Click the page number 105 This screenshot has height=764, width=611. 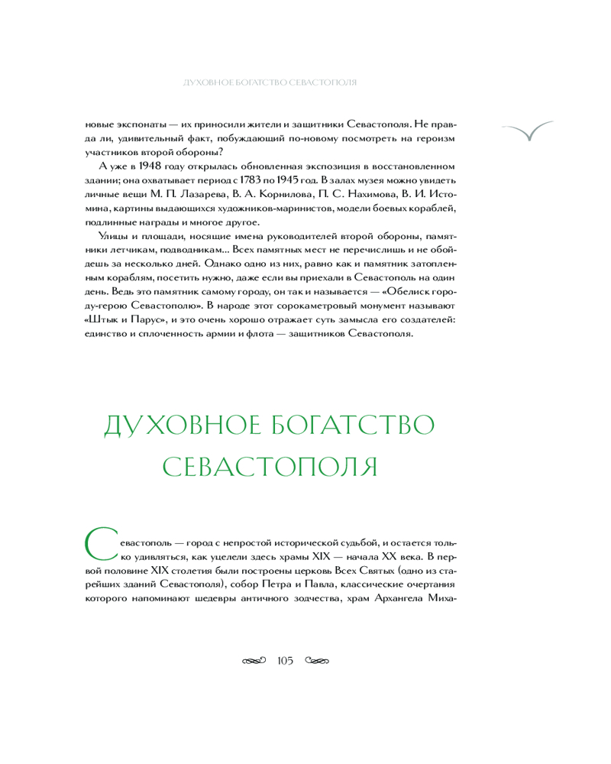[286, 659]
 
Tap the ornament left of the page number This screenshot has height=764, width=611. [254, 659]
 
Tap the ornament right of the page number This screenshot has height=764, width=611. [318, 659]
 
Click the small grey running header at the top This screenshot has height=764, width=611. [267, 81]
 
